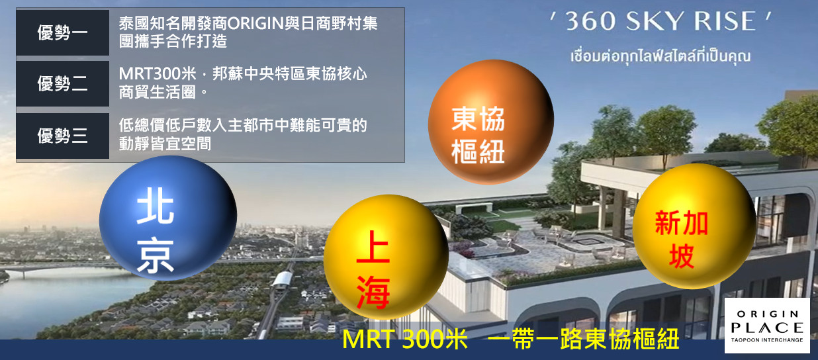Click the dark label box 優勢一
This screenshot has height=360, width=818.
[x=62, y=32]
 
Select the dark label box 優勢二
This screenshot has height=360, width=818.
[x=62, y=83]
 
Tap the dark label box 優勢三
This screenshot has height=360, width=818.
[x=62, y=136]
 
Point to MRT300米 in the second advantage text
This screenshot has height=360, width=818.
[x=158, y=74]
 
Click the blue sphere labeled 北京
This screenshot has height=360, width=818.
[x=168, y=218]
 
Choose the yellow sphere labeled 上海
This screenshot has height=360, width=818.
[x=386, y=257]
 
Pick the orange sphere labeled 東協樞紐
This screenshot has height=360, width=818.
[x=491, y=122]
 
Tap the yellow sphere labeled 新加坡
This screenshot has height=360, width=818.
[x=694, y=226]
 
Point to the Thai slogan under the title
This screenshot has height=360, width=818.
[x=660, y=57]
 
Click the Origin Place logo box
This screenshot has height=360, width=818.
[x=767, y=326]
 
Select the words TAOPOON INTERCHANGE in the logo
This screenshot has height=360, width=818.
[x=767, y=340]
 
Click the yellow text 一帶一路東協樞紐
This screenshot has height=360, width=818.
[x=583, y=339]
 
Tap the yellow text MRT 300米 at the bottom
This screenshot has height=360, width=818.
[x=404, y=339]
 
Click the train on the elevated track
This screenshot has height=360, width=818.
[x=283, y=281]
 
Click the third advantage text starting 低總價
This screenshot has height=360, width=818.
[x=242, y=134]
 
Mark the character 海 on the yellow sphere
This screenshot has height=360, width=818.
[x=373, y=292]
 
